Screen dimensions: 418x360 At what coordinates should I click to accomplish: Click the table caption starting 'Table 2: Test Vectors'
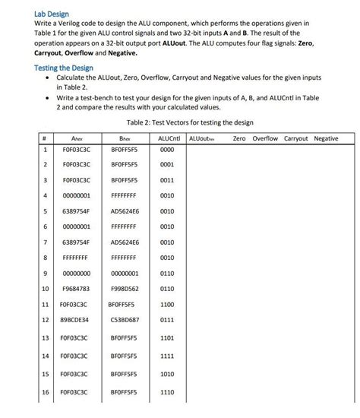tap(190, 122)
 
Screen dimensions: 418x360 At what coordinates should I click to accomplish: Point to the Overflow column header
tap(265, 138)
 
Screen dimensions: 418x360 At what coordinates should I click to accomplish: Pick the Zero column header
tap(238, 138)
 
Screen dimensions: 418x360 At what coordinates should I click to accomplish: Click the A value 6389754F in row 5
tap(76, 211)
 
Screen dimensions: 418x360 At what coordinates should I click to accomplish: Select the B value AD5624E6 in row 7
tap(125, 242)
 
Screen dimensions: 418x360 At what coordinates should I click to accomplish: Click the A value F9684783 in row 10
tap(76, 289)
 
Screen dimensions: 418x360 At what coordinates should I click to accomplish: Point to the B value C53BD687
tap(125, 320)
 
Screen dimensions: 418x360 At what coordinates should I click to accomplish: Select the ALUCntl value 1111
tap(167, 356)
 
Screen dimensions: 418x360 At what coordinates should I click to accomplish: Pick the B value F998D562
tap(125, 289)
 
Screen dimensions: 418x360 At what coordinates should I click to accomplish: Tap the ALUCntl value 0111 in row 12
tap(167, 320)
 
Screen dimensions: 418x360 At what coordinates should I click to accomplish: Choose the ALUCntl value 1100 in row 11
tap(167, 304)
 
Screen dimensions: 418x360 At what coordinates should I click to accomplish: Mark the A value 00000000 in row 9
tap(76, 273)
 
